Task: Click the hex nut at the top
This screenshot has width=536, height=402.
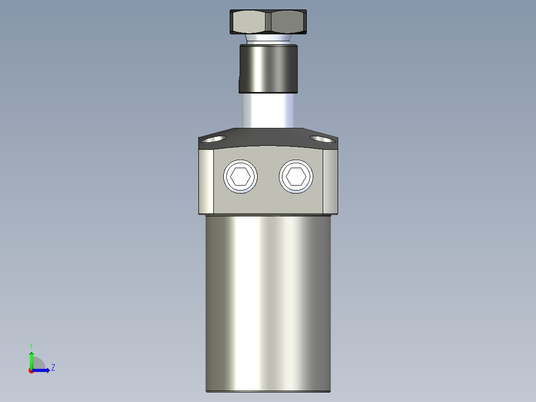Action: click(268, 22)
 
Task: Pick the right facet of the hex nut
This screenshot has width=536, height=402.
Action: click(287, 22)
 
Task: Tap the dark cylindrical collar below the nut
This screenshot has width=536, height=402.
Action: click(268, 68)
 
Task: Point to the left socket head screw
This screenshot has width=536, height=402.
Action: click(241, 176)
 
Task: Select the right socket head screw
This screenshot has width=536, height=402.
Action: click(297, 176)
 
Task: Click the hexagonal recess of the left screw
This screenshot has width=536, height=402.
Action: click(241, 176)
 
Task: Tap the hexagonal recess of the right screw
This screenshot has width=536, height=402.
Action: click(297, 176)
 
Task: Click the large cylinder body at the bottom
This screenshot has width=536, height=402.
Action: click(268, 303)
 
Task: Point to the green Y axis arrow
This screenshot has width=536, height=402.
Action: click(31, 358)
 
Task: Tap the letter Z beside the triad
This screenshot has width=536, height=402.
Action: click(53, 368)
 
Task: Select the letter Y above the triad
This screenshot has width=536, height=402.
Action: click(31, 346)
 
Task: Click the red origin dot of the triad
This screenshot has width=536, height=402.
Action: click(31, 371)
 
